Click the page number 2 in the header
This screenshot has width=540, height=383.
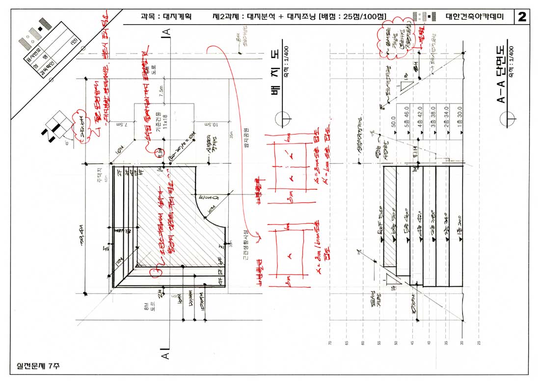521,17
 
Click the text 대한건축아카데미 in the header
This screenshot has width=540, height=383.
475,17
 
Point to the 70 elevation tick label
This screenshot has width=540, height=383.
330,343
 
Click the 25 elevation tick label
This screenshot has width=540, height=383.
479,343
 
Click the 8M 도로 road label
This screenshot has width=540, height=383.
150,308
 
